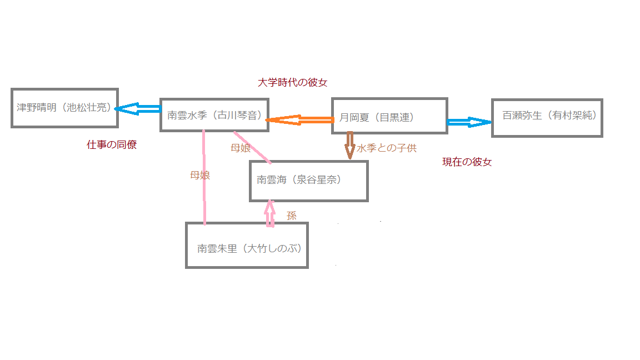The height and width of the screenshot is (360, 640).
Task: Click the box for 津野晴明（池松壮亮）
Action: (64, 108)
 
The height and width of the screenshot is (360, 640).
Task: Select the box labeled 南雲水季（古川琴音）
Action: (214, 115)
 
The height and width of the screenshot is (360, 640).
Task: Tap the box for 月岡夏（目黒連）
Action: (389, 116)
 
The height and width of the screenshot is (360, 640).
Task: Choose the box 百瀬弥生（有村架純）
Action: (547, 118)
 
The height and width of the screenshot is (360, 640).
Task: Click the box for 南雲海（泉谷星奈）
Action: (308, 181)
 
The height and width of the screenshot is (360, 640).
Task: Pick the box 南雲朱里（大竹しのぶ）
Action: (247, 245)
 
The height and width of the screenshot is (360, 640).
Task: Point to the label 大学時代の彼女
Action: (293, 83)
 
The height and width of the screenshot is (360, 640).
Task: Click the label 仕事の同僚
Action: (112, 145)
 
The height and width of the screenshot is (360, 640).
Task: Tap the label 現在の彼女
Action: (467, 162)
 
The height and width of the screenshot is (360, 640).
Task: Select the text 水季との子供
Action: (387, 148)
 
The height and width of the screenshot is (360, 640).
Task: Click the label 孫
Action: (292, 216)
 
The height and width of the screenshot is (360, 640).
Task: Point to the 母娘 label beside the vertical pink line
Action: (200, 175)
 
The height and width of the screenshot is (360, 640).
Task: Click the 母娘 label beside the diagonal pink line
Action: (241, 148)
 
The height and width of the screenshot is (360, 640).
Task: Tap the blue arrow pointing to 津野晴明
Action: (138, 109)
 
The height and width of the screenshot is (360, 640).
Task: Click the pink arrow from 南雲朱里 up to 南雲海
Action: (271, 213)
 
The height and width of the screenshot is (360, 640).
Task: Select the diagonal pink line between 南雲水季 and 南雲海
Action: (253, 147)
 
